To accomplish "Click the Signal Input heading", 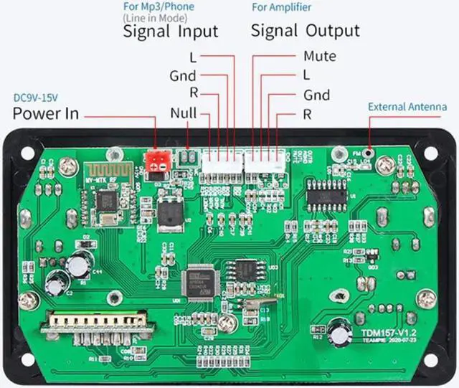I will pos(171,31).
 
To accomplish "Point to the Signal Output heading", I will pos(305,31).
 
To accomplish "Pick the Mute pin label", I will pos(319,56).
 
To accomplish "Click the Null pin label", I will pos(184,113).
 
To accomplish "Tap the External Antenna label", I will pos(407,107).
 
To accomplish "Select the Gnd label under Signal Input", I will pos(182,75).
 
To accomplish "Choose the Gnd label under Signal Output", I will pos(316,95).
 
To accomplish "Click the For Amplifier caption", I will pos(280,6).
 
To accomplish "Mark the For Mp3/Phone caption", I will pos(158,6).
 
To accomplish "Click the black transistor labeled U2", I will pos(171,212).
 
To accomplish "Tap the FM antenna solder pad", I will pos(369,152).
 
